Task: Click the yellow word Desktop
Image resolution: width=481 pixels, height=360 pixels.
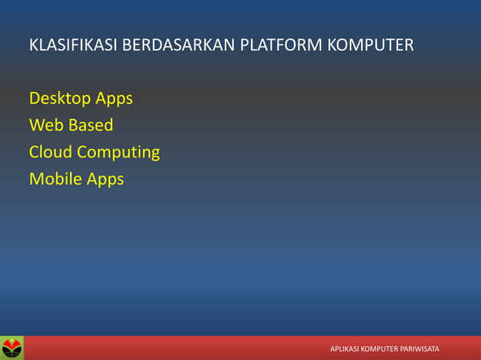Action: [x=59, y=99]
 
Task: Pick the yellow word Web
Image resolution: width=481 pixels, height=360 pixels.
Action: [x=45, y=125]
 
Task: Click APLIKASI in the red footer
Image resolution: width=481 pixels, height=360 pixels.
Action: [x=348, y=349]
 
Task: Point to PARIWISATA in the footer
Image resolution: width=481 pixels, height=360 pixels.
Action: [x=423, y=349]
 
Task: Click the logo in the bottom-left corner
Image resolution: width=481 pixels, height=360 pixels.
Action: [x=12, y=348]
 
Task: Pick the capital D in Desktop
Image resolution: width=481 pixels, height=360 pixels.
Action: [x=35, y=99]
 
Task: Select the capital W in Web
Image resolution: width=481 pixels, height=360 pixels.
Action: [x=36, y=125]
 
